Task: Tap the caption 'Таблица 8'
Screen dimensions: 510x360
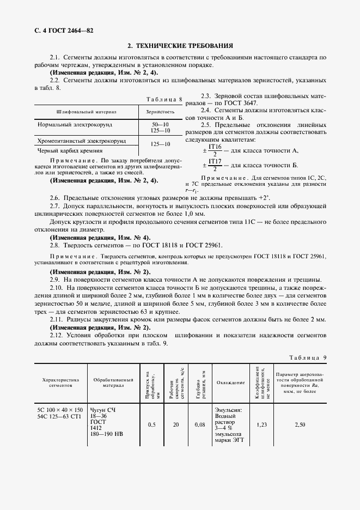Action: point(164,99)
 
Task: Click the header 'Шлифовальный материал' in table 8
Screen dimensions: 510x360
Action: point(87,112)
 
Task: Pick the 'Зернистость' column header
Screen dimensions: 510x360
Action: point(160,112)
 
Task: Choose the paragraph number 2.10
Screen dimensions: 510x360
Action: point(56,287)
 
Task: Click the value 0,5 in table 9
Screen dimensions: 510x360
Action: point(151,424)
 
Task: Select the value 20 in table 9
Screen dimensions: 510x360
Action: point(175,424)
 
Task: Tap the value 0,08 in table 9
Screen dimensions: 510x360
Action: point(200,424)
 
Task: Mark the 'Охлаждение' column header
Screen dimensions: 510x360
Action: point(230,382)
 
